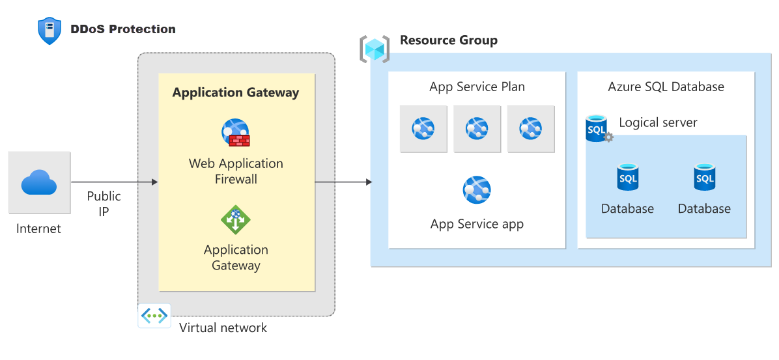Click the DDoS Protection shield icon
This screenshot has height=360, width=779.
pos(50,31)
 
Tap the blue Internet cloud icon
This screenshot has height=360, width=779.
pos(39,182)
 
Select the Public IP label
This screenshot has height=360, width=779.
pos(104,204)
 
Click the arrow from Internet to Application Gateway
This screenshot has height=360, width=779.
pos(114,182)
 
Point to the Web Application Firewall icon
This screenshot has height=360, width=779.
pos(236,133)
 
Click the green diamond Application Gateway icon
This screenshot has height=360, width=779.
pos(236,219)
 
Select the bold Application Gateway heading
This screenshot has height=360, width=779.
pos(235,92)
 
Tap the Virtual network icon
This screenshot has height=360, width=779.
pos(154,316)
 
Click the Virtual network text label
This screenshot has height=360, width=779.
pos(223,327)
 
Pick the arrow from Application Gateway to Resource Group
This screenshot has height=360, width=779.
pos(343,182)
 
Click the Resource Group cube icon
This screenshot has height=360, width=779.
pos(375,49)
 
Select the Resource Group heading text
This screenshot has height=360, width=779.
pos(448,40)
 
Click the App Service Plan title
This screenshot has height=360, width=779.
pos(477,87)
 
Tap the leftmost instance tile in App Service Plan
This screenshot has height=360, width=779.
pos(423,129)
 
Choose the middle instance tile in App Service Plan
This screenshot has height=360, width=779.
pos(477,129)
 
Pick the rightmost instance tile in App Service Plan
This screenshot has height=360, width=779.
pos(531,129)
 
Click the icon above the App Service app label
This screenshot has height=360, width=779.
pos(477,189)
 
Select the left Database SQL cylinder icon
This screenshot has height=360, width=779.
pos(627,177)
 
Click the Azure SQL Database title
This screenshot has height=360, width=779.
pos(666,87)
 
